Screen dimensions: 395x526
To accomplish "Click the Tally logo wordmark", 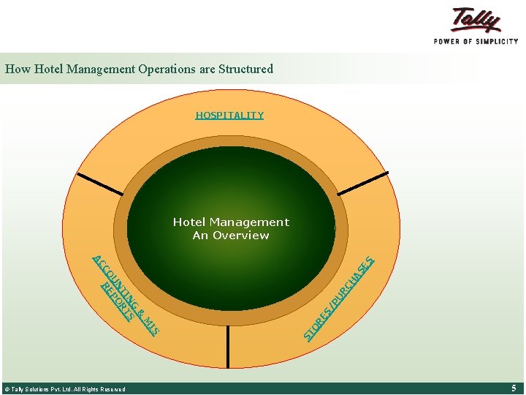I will coord(476,20).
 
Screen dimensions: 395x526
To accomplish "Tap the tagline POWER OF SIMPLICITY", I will coord(476,42).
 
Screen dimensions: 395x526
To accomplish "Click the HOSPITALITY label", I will coord(229,116).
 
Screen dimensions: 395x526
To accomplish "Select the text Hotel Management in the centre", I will coord(231,222).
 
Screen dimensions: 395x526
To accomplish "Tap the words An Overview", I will coord(231,236).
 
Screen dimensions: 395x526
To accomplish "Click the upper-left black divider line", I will coord(100,184).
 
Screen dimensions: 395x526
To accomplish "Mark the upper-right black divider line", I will coord(363,184).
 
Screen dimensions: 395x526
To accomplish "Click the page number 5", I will coord(514,388).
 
